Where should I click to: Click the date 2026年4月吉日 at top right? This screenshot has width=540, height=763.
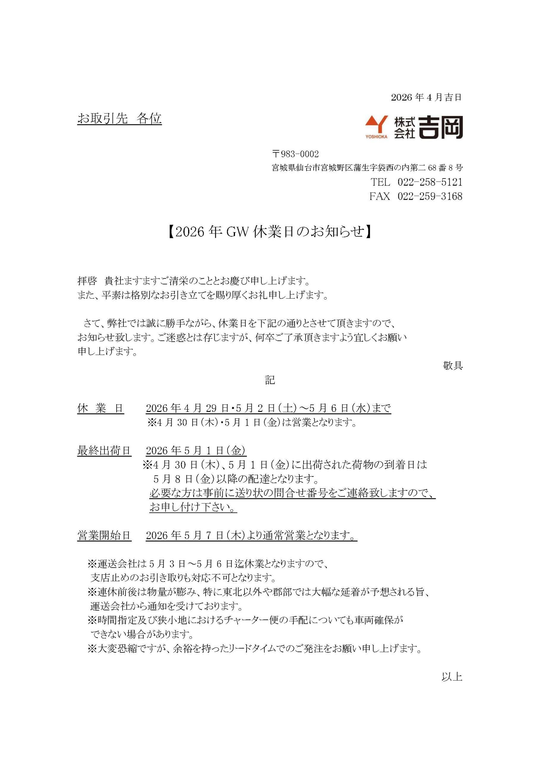(426, 97)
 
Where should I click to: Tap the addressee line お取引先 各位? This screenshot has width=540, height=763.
(119, 118)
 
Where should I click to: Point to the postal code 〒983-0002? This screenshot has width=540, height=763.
(295, 154)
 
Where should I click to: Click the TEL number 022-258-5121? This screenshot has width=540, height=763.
(430, 182)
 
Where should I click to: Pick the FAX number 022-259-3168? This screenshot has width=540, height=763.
(430, 196)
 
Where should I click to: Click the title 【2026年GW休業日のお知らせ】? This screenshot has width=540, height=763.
(270, 232)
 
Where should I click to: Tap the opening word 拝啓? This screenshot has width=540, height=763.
(87, 281)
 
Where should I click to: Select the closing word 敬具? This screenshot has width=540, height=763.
(453, 366)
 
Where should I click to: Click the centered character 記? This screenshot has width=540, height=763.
(270, 380)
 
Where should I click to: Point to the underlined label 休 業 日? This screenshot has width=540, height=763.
(100, 408)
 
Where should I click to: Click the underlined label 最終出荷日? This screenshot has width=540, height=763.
(104, 451)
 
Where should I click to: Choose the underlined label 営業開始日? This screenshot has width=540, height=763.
(104, 535)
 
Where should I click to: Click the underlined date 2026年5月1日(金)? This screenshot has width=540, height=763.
(196, 451)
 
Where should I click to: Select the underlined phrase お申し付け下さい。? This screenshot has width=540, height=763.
(193, 508)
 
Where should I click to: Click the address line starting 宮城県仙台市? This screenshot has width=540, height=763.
(367, 168)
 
